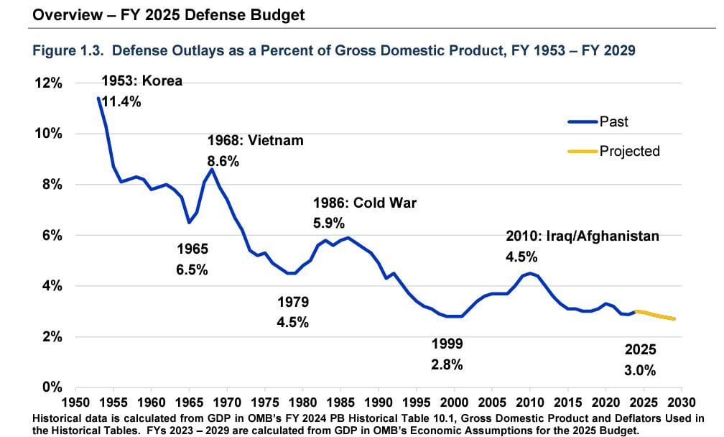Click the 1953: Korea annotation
141,80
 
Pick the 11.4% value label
121,101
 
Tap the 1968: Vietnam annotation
255,141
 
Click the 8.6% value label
223,162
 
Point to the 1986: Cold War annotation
364,203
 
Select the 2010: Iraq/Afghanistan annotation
583,236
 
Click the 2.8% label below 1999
447,364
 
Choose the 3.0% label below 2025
640,371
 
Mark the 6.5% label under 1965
192,270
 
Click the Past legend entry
613,121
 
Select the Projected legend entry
629,151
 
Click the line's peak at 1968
212,169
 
